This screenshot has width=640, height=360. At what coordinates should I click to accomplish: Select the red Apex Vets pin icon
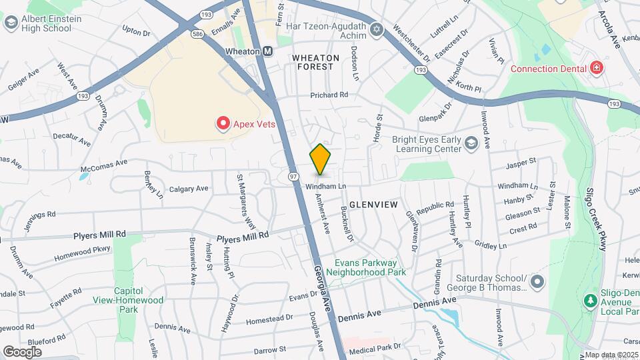[x=222, y=123]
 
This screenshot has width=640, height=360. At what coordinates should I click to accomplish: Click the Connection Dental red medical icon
[x=596, y=69]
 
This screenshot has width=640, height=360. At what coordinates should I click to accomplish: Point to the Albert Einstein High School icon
[x=10, y=23]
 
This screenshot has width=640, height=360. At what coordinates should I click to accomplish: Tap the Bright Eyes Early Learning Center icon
[x=471, y=143]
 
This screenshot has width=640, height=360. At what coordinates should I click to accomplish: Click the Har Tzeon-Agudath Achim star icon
[x=376, y=30]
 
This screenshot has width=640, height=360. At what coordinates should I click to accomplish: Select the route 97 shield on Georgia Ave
[x=293, y=175]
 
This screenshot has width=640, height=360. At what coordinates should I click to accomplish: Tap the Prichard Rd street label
[x=329, y=95]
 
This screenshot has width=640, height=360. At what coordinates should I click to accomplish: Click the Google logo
[x=23, y=351]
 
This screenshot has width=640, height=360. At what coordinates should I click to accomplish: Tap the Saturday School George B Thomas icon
[x=537, y=283]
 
